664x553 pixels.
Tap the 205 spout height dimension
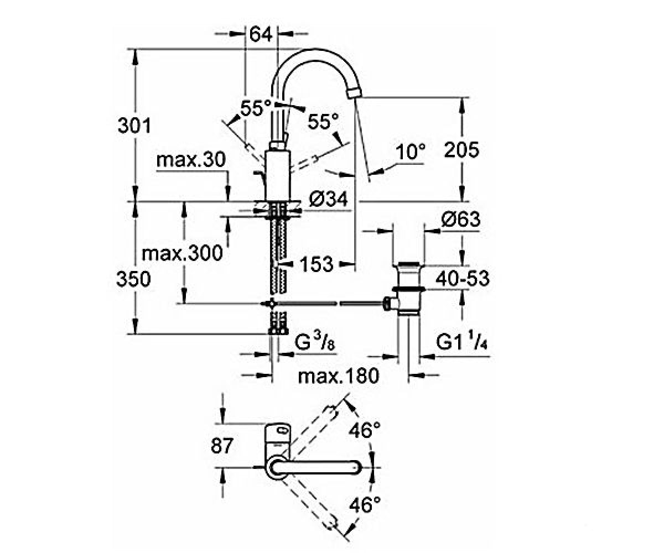(461, 150)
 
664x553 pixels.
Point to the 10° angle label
(411, 152)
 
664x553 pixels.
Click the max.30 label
(191, 160)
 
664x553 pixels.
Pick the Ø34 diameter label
(328, 200)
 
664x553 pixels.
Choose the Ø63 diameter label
(461, 220)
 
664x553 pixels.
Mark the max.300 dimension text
(182, 253)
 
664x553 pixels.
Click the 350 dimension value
(133, 279)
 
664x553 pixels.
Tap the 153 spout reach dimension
(317, 264)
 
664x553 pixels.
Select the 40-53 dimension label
(463, 279)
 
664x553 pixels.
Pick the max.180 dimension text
(338, 375)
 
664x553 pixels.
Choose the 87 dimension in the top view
(222, 445)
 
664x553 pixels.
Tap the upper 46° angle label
(365, 430)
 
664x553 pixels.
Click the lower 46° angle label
(365, 514)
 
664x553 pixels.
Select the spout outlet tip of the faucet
(355, 93)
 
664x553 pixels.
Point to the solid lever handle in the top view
(315, 467)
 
